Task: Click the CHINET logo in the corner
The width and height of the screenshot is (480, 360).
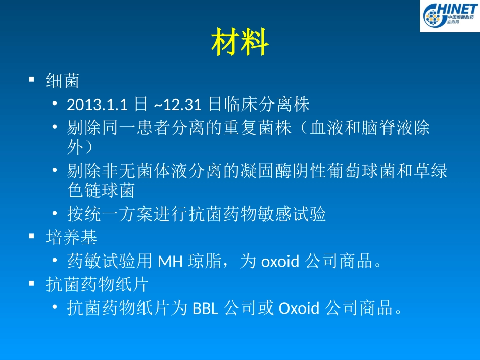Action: point(449,16)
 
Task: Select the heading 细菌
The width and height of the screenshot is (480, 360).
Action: point(63,80)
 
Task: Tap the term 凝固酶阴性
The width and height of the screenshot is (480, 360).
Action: point(284,171)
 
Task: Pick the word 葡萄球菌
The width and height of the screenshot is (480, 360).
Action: point(364,171)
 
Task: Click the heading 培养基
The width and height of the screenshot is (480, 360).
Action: point(71,237)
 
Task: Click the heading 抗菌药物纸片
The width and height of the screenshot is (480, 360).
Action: point(97,285)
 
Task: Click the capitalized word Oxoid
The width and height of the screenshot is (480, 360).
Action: point(299,308)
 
